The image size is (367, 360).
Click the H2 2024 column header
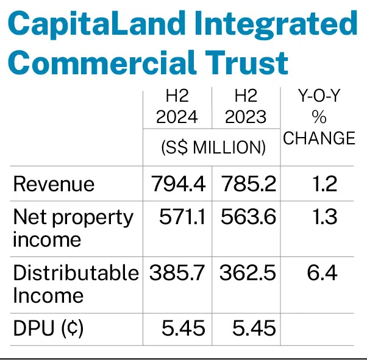pos(177,107)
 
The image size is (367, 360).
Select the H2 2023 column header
pos(246,107)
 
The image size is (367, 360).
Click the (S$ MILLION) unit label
pos(212,147)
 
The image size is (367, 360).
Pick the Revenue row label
pos(54,184)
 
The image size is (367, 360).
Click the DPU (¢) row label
pos(48,329)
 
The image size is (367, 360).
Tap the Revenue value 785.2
pos(246,184)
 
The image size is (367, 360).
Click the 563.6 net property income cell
pos(246,217)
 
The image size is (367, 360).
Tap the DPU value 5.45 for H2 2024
pos(183,329)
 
